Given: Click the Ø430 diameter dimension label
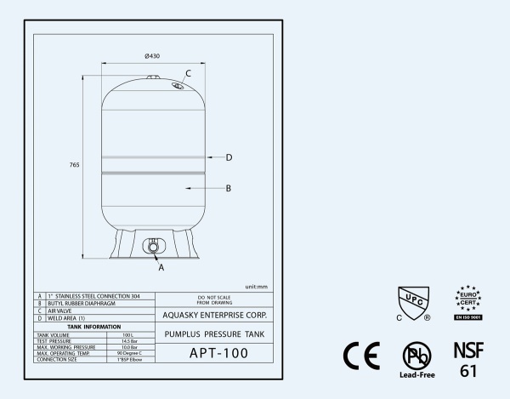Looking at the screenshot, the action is [x=152, y=56].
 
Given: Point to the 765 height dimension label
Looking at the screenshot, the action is [x=74, y=165].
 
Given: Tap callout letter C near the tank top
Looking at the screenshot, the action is [x=188, y=73].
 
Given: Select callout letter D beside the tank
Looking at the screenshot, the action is [x=229, y=157].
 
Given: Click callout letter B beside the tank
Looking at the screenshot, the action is [x=229, y=188].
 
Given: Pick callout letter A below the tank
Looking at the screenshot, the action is [x=161, y=267].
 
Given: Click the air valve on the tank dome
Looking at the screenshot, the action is [x=178, y=86].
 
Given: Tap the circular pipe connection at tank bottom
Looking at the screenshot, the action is [x=153, y=247].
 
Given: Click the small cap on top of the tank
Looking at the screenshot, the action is [x=153, y=77].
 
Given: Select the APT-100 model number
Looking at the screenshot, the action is [x=218, y=353].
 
